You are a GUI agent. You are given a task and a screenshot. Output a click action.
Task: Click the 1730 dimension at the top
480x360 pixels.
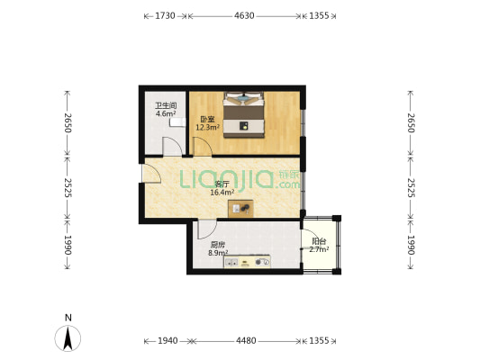165,15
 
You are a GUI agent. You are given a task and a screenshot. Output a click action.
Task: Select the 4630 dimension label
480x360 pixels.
244,15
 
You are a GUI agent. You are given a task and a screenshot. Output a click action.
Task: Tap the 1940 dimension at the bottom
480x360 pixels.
168,340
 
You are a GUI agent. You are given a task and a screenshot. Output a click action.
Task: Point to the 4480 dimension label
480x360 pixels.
246,340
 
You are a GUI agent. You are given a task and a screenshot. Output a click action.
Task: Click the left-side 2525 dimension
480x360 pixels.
68,188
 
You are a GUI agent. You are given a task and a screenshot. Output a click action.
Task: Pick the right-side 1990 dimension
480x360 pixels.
411,245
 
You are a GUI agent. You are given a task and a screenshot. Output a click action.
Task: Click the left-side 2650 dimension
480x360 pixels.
68,122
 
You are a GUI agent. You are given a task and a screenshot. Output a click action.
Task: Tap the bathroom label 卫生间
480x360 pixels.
166,106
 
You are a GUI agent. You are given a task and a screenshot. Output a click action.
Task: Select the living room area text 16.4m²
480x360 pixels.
222,193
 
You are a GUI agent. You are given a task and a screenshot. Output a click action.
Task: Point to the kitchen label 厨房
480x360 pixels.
218,245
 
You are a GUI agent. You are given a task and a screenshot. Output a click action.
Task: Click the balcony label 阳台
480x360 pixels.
319,241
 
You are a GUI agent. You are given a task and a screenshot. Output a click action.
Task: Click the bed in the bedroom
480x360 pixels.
244,115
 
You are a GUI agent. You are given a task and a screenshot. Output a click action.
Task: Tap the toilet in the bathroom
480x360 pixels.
177,121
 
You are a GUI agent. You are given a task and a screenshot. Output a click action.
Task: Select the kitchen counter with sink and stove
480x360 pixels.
247,262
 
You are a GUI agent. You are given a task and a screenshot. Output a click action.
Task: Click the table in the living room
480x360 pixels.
240,209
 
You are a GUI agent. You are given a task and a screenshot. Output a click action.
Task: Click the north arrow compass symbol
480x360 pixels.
68,338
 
